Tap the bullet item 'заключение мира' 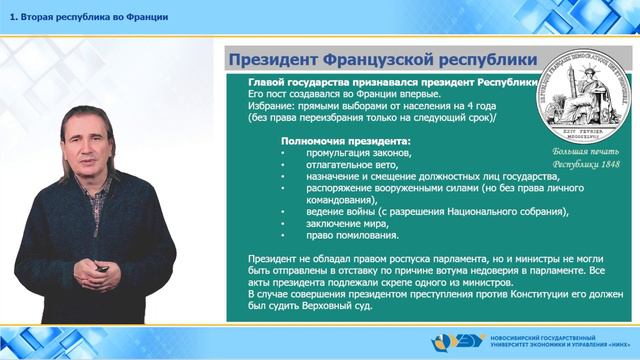point(346,224)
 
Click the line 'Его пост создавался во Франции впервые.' point(343,91)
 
